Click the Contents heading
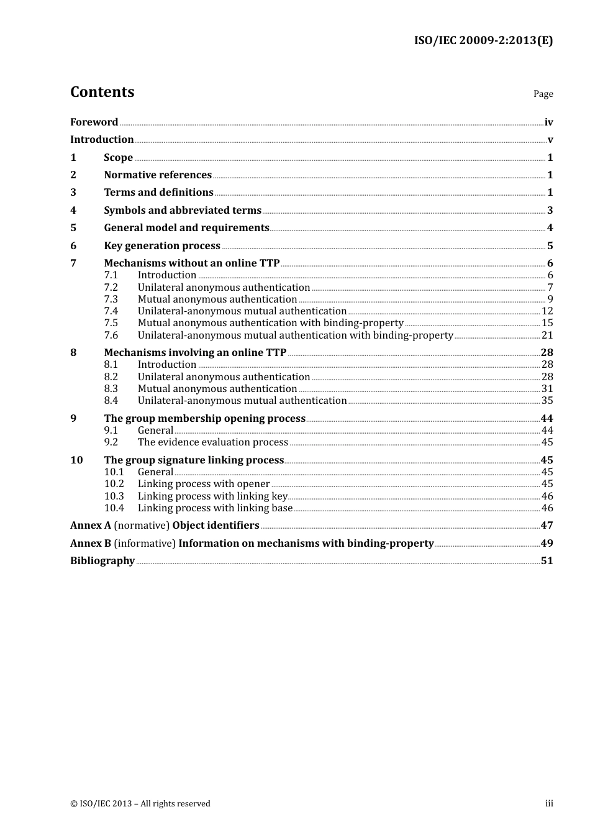[x=102, y=92]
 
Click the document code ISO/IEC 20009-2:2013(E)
[x=483, y=40]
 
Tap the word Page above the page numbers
[x=543, y=94]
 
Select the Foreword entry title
[x=94, y=122]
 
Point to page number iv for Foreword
[x=548, y=122]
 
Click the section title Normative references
[x=158, y=175]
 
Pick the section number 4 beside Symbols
[x=73, y=211]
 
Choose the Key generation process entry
[x=162, y=246]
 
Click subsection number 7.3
[x=111, y=299]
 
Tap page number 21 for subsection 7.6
[x=547, y=335]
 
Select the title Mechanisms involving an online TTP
[x=195, y=353]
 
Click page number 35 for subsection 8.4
[x=547, y=401]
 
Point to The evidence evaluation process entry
[x=213, y=442]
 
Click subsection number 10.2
[x=114, y=484]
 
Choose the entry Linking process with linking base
[x=215, y=508]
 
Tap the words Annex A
[x=91, y=526]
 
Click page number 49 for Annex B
[x=547, y=544]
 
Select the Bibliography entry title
[x=102, y=561]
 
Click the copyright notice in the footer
[x=140, y=804]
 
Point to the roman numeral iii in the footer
[x=549, y=804]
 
